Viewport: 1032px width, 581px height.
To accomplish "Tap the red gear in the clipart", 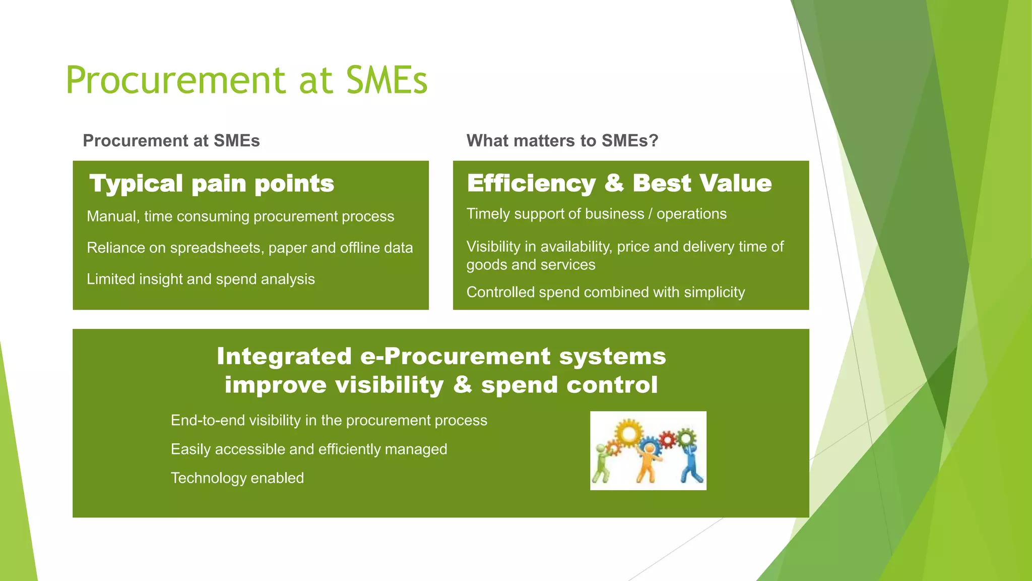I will click(x=668, y=440).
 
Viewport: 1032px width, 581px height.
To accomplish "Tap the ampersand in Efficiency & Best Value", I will click(x=614, y=183).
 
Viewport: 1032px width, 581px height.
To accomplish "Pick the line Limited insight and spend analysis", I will click(x=201, y=279).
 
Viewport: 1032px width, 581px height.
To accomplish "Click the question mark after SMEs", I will click(x=654, y=140).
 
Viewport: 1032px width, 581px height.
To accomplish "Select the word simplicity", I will click(x=714, y=292).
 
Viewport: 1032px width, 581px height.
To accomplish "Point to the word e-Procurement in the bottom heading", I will click(x=455, y=357).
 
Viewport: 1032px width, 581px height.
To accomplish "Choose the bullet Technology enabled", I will click(x=237, y=478).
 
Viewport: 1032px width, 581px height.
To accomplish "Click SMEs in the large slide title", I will click(x=386, y=81).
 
